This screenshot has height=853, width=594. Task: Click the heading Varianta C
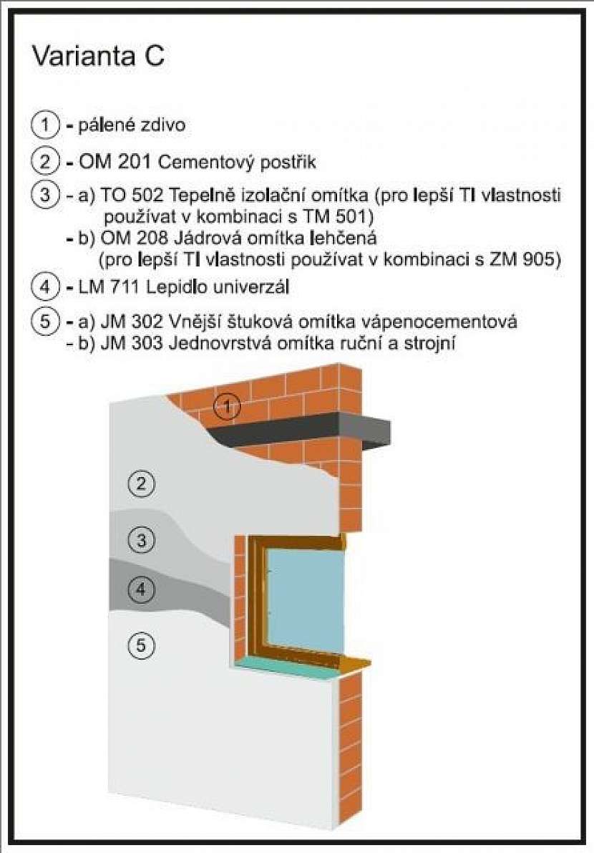[x=98, y=55]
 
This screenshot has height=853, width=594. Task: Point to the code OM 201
[x=115, y=162]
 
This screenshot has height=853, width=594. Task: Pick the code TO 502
[x=132, y=195]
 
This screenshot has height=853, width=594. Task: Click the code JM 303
[x=132, y=344]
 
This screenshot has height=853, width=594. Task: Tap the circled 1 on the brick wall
[x=227, y=406]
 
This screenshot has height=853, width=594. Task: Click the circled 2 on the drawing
[x=141, y=483]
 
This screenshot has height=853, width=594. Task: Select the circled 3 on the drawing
[x=141, y=540]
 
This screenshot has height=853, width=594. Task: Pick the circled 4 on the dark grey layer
[x=141, y=589]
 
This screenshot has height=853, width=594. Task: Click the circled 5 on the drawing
[x=141, y=645]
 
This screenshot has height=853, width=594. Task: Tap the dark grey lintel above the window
[x=304, y=429]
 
